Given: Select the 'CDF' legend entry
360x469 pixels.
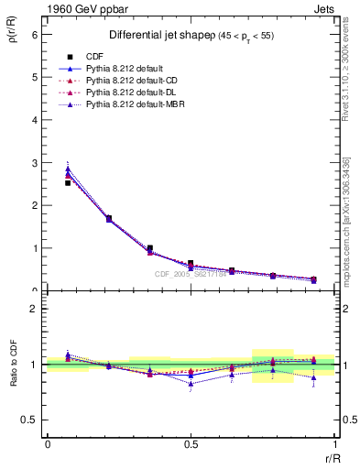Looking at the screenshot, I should click(x=94, y=57).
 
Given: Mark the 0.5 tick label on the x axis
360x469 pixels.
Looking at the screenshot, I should click(x=191, y=443).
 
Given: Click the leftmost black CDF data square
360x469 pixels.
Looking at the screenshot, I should click(x=68, y=183).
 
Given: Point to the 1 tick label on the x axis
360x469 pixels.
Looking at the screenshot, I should click(x=334, y=443).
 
